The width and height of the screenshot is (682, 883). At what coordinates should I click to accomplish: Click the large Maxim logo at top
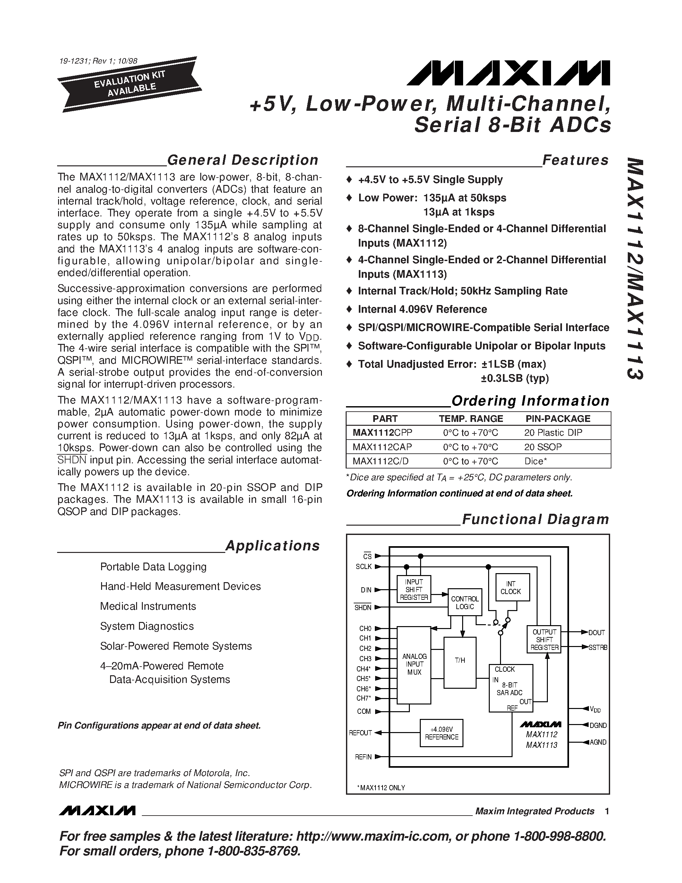[508, 73]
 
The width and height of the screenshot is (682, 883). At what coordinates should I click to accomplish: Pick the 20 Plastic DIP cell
[553, 433]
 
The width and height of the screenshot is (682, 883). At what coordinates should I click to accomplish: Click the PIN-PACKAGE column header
[557, 418]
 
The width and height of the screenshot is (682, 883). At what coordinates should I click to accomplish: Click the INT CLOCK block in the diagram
[511, 588]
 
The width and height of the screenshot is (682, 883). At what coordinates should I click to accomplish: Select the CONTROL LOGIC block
[465, 602]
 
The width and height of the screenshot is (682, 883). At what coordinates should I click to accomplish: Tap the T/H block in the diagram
[460, 660]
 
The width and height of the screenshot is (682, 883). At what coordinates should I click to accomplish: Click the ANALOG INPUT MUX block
[414, 664]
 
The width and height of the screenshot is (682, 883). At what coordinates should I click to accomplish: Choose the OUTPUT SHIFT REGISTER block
[544, 640]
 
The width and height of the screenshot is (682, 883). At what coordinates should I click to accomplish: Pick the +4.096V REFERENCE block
[442, 733]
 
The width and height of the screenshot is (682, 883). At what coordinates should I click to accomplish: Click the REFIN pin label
[363, 757]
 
